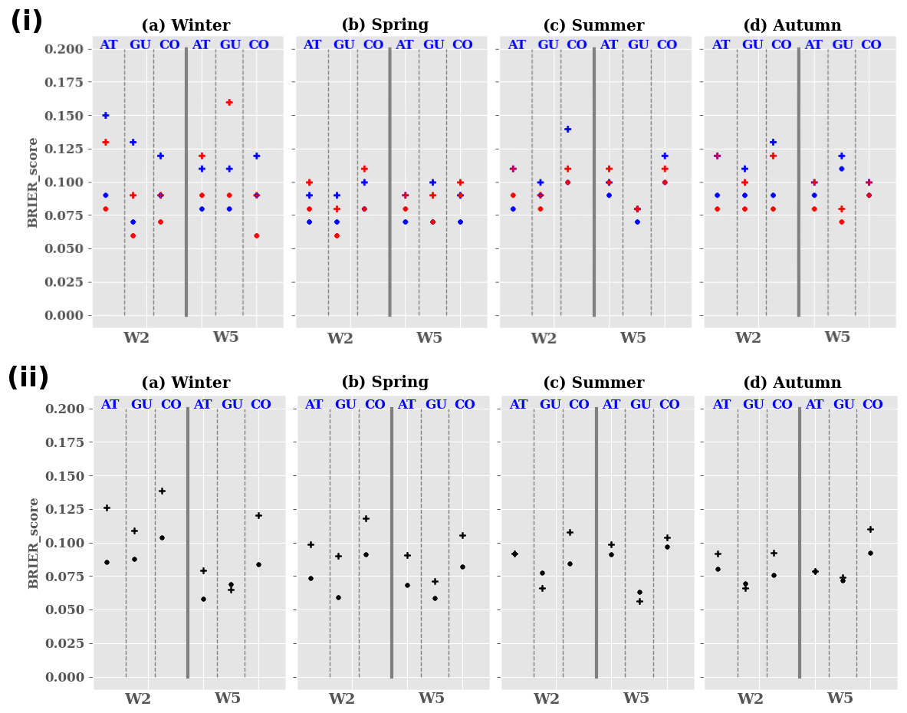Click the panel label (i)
(x=26, y=21)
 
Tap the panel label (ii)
(x=28, y=378)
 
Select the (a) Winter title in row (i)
(x=186, y=25)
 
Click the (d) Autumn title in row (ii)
(x=792, y=383)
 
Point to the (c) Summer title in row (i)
(x=593, y=25)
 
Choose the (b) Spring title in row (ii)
(x=384, y=383)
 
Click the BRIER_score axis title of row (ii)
(x=33, y=543)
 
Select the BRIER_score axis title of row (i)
(x=33, y=182)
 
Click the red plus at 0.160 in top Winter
(x=229, y=102)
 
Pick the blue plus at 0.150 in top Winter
(x=106, y=115)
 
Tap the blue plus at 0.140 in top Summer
(x=568, y=129)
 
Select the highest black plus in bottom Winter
(x=162, y=491)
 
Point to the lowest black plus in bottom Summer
(x=639, y=601)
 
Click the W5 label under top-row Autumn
(x=837, y=337)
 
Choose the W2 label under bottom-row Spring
(x=342, y=698)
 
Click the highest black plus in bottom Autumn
(x=870, y=529)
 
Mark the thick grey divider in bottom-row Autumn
(x=799, y=543)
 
